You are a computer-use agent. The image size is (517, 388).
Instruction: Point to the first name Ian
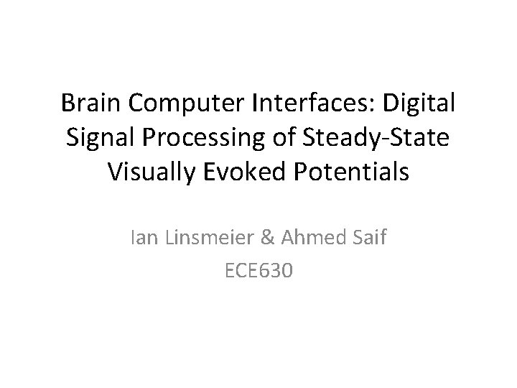coord(143,237)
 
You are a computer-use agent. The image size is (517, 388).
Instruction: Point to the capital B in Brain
coord(68,104)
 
